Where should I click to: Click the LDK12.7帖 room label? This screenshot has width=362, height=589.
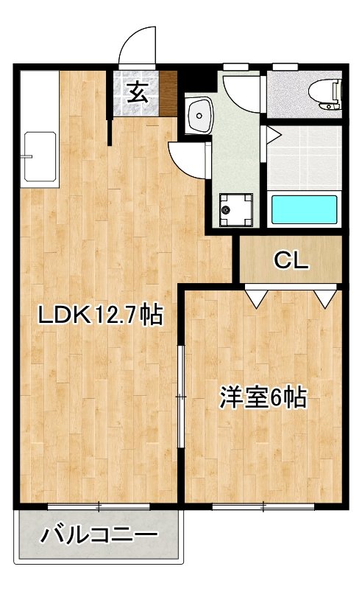point(99,316)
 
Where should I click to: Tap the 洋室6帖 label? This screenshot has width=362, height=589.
point(262,398)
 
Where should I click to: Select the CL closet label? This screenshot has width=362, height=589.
point(292,260)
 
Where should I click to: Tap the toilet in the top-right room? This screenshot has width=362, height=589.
point(324,92)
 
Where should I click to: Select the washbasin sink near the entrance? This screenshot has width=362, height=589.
point(199,114)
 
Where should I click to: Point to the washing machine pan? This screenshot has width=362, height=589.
point(235,211)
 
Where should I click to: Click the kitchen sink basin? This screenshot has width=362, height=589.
point(40,156)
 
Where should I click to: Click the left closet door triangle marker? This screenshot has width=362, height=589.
point(255,297)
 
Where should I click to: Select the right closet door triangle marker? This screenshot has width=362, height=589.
point(324,297)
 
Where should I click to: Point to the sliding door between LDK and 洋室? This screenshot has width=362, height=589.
point(181,397)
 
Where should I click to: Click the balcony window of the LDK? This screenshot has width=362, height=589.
point(99,506)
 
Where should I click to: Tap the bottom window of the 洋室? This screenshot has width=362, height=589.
point(263,506)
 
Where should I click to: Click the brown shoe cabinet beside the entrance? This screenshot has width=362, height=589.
point(169,94)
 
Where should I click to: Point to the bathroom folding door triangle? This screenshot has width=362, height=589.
point(271,135)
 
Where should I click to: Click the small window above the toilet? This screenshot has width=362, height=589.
point(283,68)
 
